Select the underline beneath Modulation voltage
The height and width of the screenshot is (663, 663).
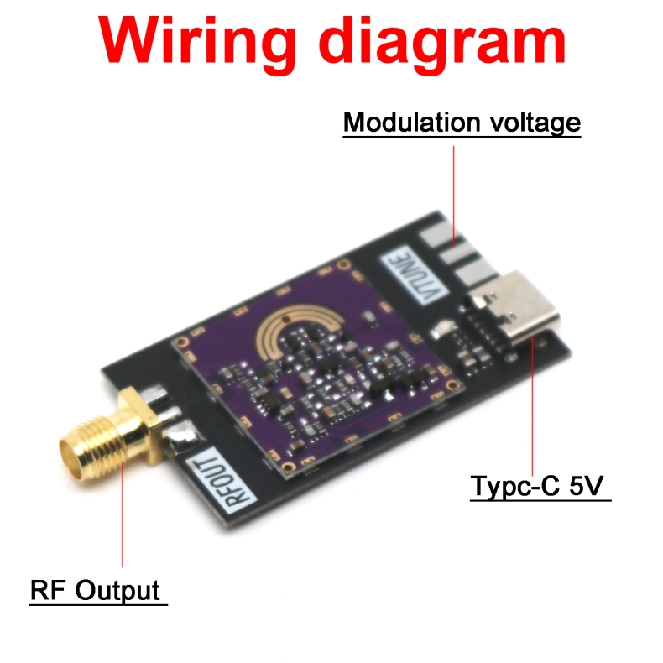[462, 137]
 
